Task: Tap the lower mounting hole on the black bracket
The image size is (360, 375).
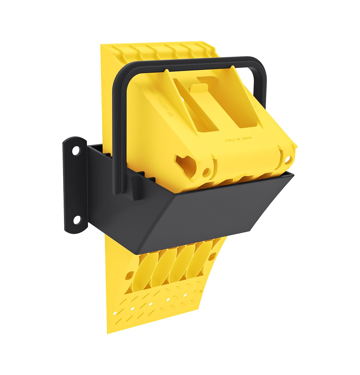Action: pyautogui.click(x=77, y=220)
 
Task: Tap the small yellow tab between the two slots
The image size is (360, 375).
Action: pyautogui.click(x=199, y=88)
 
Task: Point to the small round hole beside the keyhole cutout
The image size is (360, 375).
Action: pyautogui.click(x=207, y=173)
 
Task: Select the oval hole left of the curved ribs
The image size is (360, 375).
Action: pyautogui.click(x=128, y=276)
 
